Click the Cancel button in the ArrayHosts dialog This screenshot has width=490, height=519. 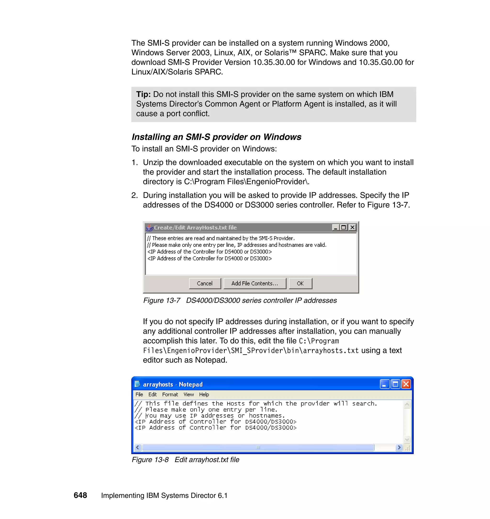pos(205,283)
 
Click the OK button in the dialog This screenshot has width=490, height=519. pos(300,283)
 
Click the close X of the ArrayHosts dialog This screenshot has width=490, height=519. pos(352,227)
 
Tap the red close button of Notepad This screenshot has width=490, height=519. pos(406,384)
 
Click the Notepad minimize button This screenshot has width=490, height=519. pos(384,384)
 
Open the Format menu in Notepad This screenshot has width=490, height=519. pos(170,395)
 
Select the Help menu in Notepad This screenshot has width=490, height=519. pos(204,395)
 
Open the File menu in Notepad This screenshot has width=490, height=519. pos(139,395)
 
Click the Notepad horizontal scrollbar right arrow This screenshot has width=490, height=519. pos(399,447)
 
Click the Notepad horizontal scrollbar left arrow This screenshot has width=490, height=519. pos(138,447)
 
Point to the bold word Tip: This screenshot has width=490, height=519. pos(143,94)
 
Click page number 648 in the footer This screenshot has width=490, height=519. pos(80,495)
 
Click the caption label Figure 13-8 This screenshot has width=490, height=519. pos(150,460)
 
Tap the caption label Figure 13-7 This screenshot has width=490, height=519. pos(162,300)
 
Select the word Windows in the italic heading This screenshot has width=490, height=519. pos(282,137)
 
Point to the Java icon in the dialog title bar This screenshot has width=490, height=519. pos(149,228)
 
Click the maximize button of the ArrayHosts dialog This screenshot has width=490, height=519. pos(344,227)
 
